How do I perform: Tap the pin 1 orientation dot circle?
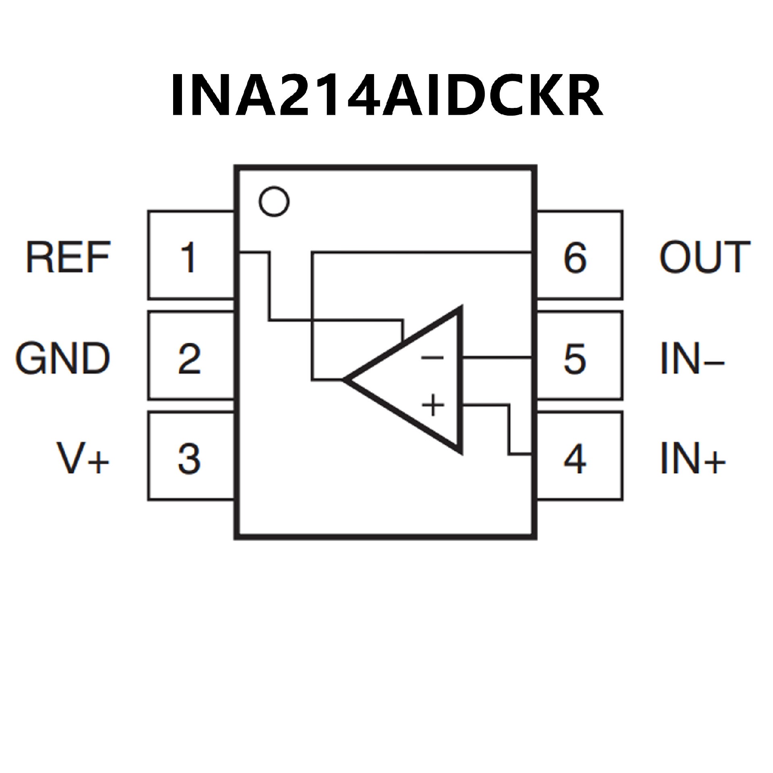point(274,201)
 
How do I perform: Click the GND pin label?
point(62,358)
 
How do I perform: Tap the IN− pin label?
point(692,358)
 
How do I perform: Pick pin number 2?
point(189,358)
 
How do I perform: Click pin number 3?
point(189,459)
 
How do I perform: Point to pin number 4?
point(575,459)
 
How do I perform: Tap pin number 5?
point(575,358)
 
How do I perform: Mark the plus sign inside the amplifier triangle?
point(433,405)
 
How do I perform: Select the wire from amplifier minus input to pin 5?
point(497,357)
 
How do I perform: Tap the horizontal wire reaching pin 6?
point(423,253)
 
